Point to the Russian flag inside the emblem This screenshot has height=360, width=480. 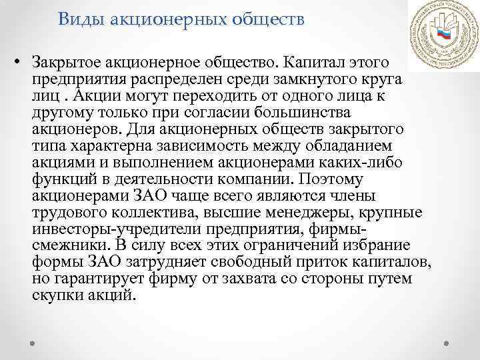(x=441, y=37)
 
